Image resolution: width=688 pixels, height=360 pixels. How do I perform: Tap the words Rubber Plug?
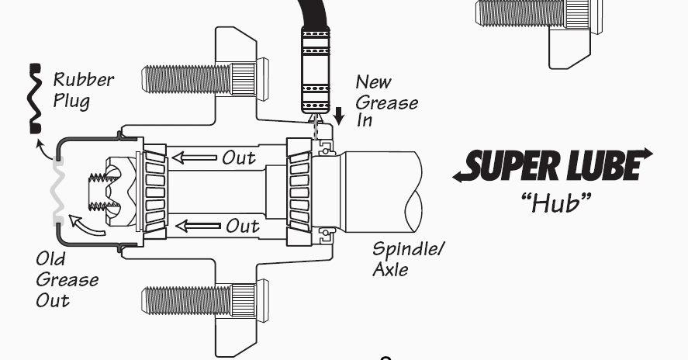83,90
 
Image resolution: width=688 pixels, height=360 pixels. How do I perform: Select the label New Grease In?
386,102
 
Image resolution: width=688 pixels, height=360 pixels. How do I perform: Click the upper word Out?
239,158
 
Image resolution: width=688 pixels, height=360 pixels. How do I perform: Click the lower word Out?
243,227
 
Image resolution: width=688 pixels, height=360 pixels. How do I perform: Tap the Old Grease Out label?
67,279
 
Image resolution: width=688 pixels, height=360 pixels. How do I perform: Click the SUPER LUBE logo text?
553,164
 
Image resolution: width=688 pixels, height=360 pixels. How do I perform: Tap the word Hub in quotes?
555,203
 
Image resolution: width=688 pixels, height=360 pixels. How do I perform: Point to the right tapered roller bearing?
298,191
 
